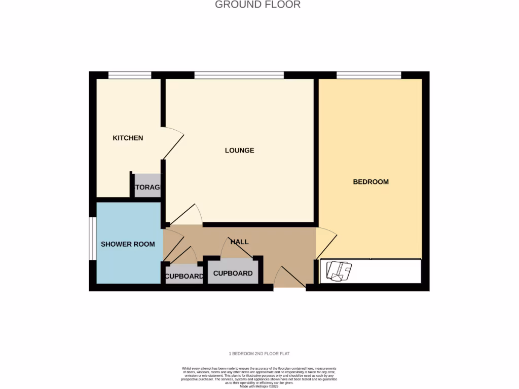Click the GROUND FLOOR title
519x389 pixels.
[257, 5]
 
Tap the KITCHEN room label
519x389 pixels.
[128, 138]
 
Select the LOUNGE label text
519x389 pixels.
[239, 150]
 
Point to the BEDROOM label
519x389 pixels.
[370, 182]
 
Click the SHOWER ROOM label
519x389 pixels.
[128, 244]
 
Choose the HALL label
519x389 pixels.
[239, 242]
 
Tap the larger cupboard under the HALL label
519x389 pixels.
[233, 272]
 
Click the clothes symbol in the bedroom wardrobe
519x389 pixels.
[339, 270]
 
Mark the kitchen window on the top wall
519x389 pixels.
[130, 75]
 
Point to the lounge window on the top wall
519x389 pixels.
[239, 75]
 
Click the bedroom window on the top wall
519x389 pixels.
[368, 75]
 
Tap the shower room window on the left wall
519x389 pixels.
[93, 239]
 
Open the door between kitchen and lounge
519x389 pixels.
[172, 144]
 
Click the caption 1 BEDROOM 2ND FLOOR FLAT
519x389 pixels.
[259, 354]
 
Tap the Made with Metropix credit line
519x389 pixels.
[259, 386]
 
